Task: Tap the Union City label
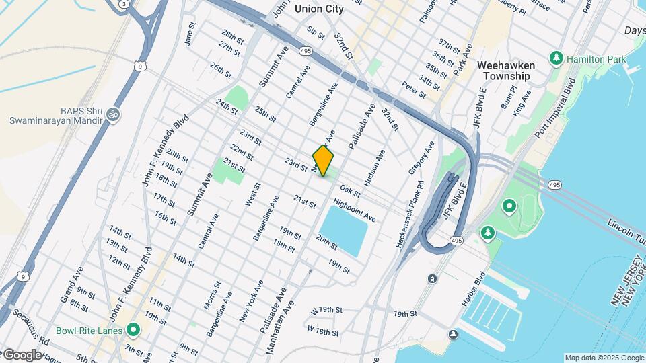pyautogui.click(x=319, y=9)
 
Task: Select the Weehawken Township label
pyautogui.click(x=505, y=71)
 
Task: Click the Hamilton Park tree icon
pyautogui.click(x=556, y=59)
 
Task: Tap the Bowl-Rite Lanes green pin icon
pyautogui.click(x=133, y=331)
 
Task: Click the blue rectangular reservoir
pyautogui.click(x=346, y=231)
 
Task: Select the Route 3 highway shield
pyautogui.click(x=124, y=4)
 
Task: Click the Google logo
pyautogui.click(x=22, y=354)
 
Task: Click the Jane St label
pyautogui.click(x=190, y=34)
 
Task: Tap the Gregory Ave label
pyautogui.click(x=423, y=157)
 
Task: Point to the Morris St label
pyautogui.click(x=212, y=296)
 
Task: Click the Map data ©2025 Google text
pyautogui.click(x=604, y=358)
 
